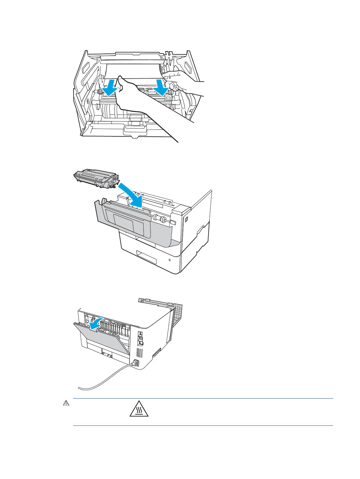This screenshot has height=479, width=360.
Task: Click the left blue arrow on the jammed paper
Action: [x=109, y=87]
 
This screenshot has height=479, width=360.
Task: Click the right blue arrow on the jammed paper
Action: [x=161, y=87]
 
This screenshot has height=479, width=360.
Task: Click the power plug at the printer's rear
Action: [x=135, y=363]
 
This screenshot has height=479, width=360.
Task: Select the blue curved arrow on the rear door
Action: [x=96, y=323]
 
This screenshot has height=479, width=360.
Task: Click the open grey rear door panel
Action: [x=103, y=339]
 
